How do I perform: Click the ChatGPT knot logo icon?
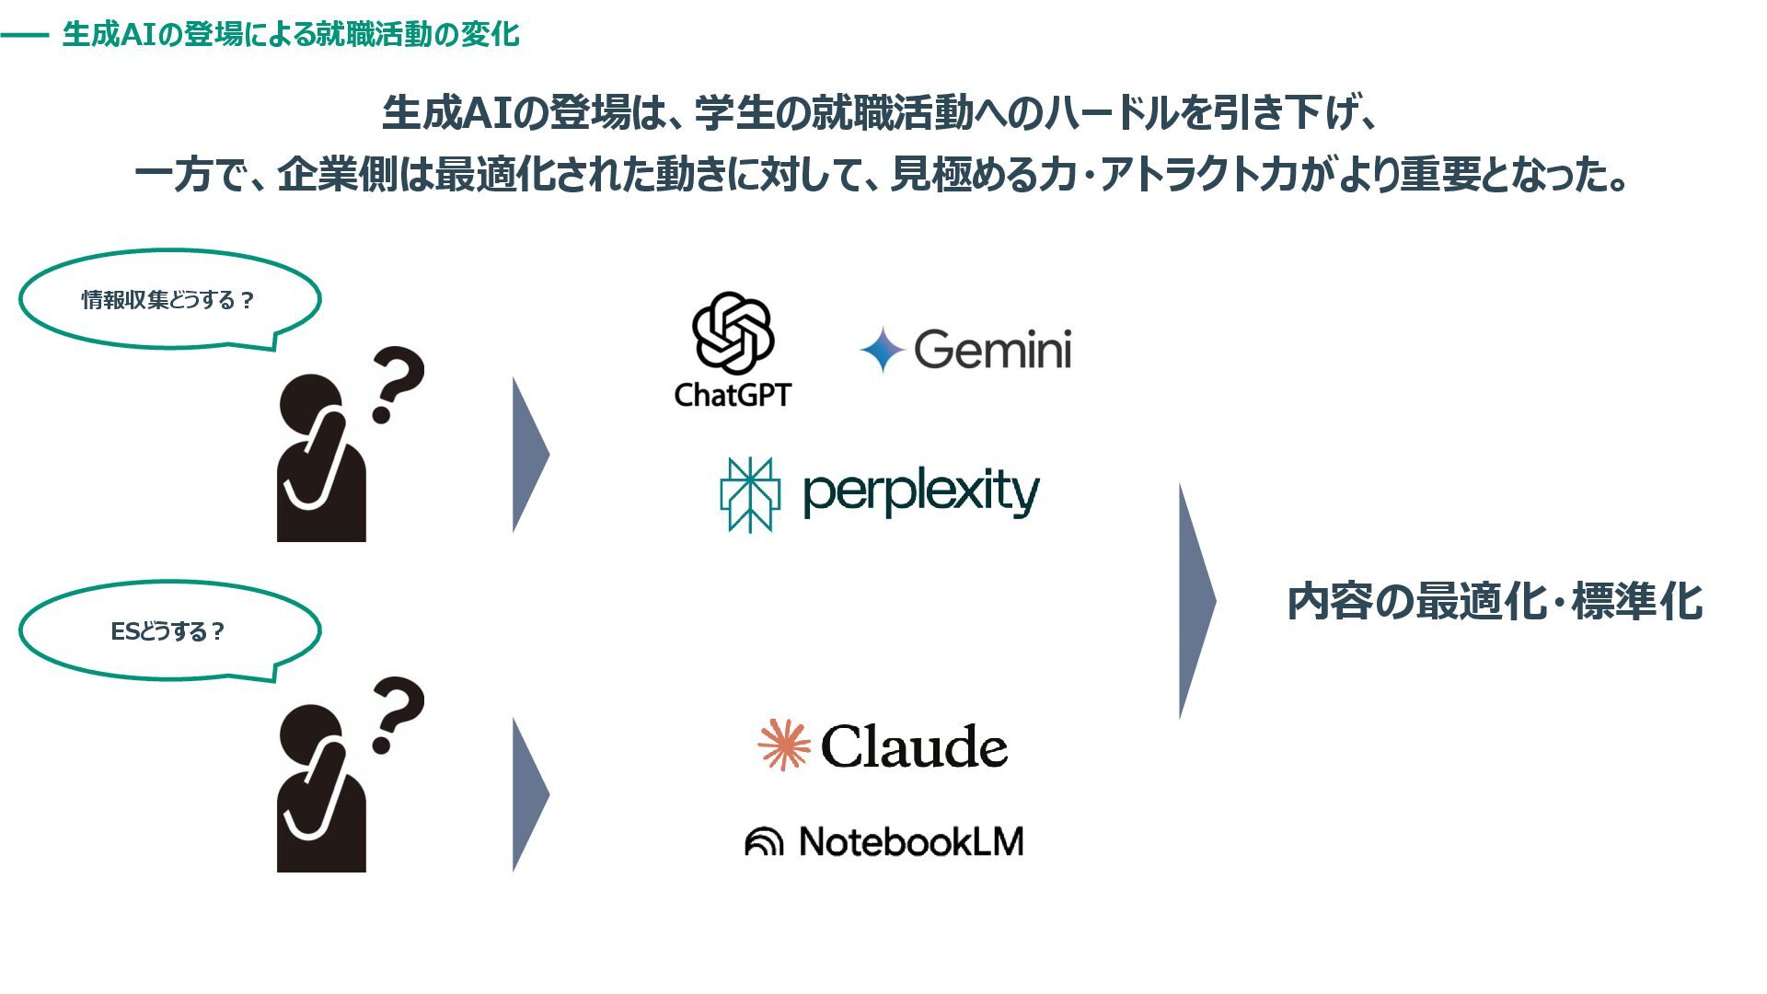click(x=733, y=332)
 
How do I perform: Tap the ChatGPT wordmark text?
click(x=733, y=395)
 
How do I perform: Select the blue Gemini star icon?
click(x=883, y=350)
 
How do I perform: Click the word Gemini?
click(x=993, y=350)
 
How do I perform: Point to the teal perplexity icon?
click(x=750, y=494)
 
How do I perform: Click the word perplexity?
click(x=920, y=492)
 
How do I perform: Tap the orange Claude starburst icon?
click(x=784, y=745)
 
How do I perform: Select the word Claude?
click(x=914, y=746)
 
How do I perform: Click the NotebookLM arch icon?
click(x=764, y=841)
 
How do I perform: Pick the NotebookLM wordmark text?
click(x=911, y=841)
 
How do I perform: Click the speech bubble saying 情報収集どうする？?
click(x=169, y=300)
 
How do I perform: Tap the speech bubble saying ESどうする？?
click(x=169, y=631)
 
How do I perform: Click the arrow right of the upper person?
click(x=529, y=455)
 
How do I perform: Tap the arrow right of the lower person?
click(x=529, y=794)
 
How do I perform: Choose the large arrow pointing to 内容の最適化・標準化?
click(x=1195, y=601)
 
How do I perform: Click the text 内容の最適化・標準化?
click(x=1495, y=602)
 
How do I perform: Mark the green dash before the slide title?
click(x=25, y=35)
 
